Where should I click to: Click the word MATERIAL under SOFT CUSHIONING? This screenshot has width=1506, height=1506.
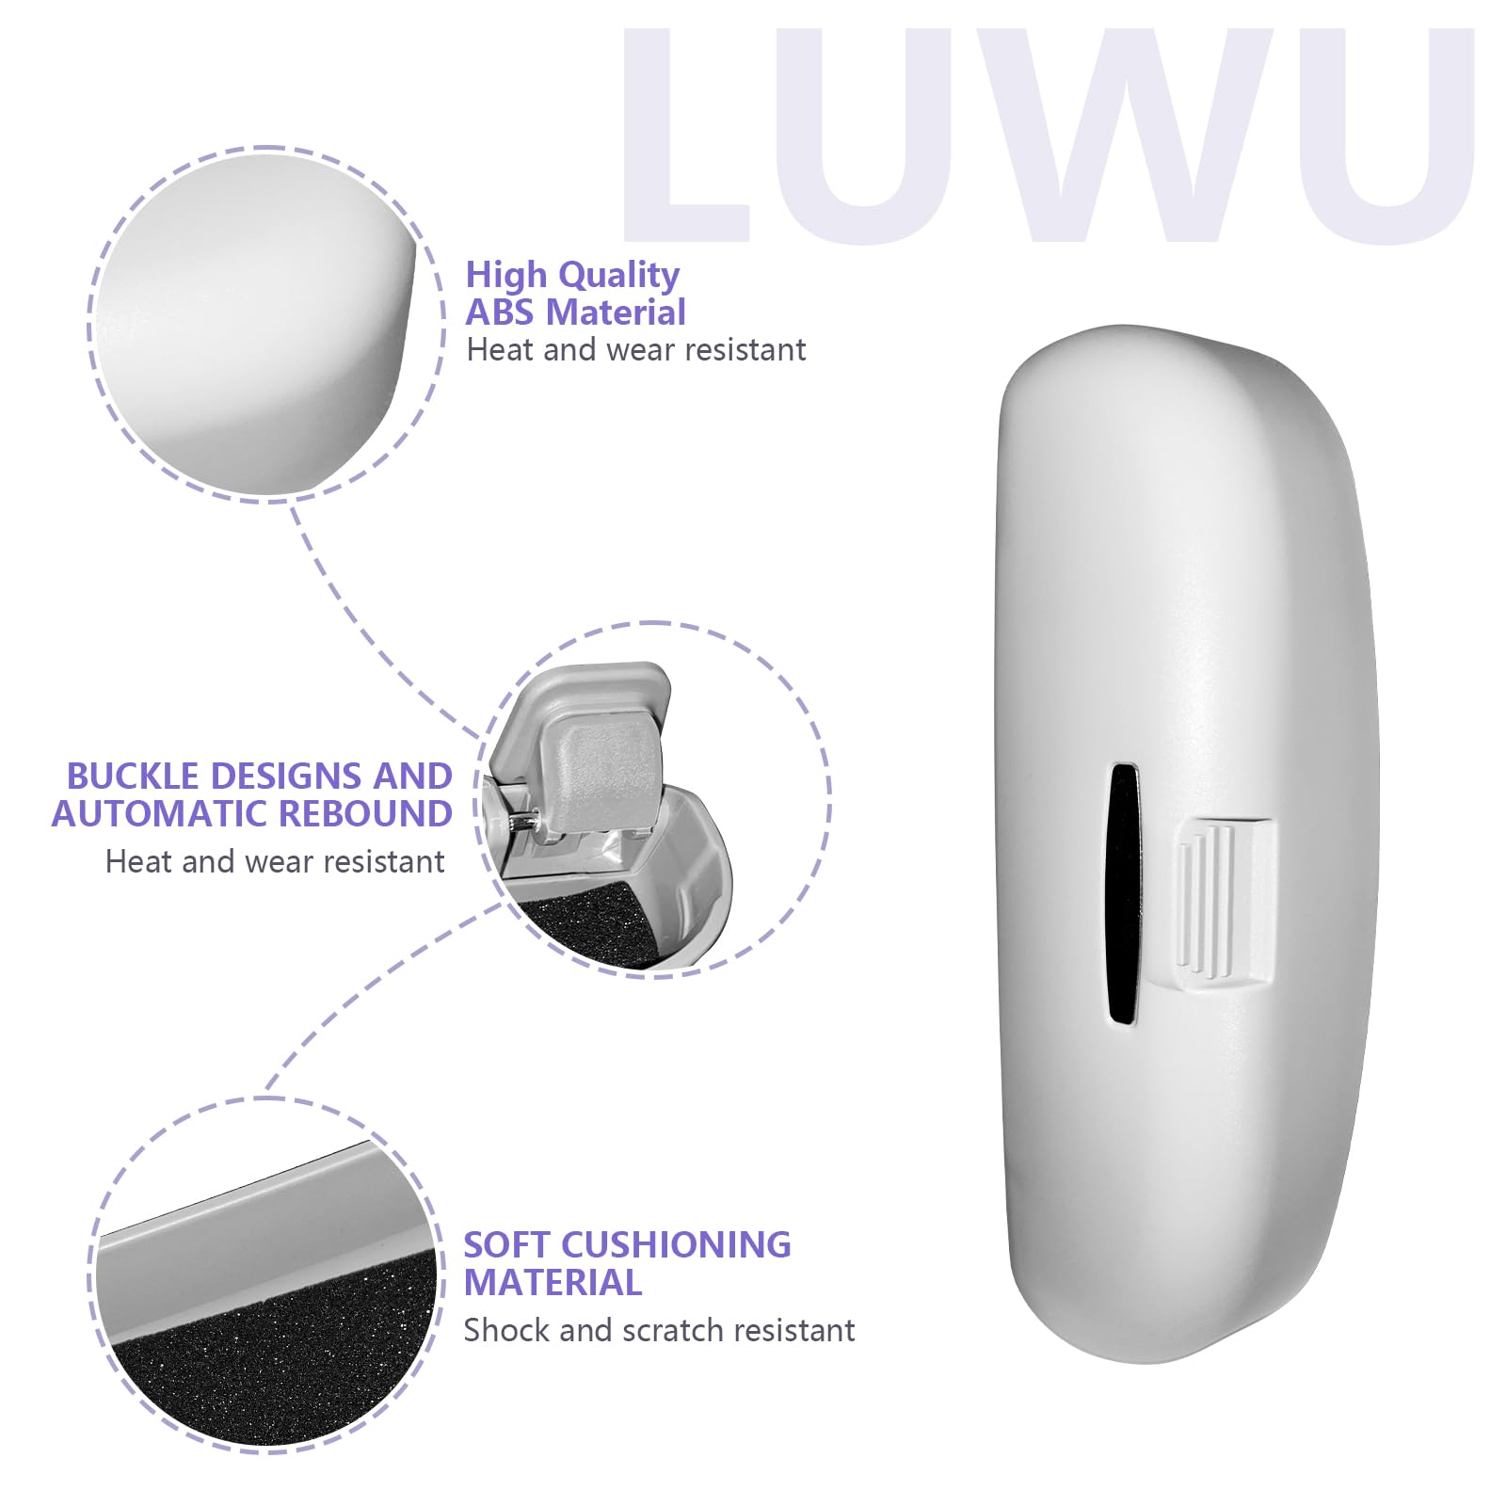(x=553, y=1283)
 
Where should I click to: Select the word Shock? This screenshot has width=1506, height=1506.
(x=506, y=1330)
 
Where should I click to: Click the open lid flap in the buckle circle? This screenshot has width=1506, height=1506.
(x=598, y=753)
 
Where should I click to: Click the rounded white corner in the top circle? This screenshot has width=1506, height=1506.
(x=264, y=320)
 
